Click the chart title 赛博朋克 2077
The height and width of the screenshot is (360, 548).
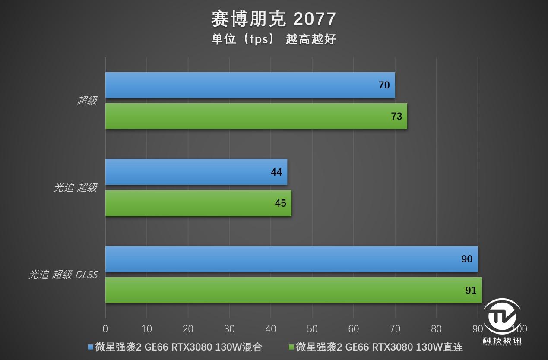point(273,19)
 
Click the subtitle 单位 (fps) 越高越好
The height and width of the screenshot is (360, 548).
point(273,39)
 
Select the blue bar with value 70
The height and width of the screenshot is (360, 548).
point(250,85)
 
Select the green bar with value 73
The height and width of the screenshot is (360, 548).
point(256,116)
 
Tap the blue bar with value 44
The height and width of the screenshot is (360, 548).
point(196,172)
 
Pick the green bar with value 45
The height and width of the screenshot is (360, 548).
point(198,203)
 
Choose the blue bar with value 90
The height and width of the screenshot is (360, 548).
point(291,259)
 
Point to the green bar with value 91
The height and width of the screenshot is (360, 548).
point(293,290)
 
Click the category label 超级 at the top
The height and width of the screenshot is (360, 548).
point(87,101)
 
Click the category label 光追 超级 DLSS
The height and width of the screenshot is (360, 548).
point(63,275)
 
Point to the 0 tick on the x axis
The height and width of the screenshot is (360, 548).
point(105,329)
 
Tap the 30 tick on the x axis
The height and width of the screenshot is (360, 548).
point(229,329)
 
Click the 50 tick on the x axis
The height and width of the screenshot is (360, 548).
point(312,329)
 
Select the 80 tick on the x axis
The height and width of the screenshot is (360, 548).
point(436,329)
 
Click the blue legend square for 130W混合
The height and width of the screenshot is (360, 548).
point(91,347)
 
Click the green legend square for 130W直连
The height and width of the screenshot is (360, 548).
point(291,347)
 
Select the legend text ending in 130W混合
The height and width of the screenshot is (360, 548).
point(178,347)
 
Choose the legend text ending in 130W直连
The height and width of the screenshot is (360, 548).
point(379,347)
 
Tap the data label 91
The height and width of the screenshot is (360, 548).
point(471,290)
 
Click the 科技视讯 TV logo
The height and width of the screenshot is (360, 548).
point(502,322)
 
